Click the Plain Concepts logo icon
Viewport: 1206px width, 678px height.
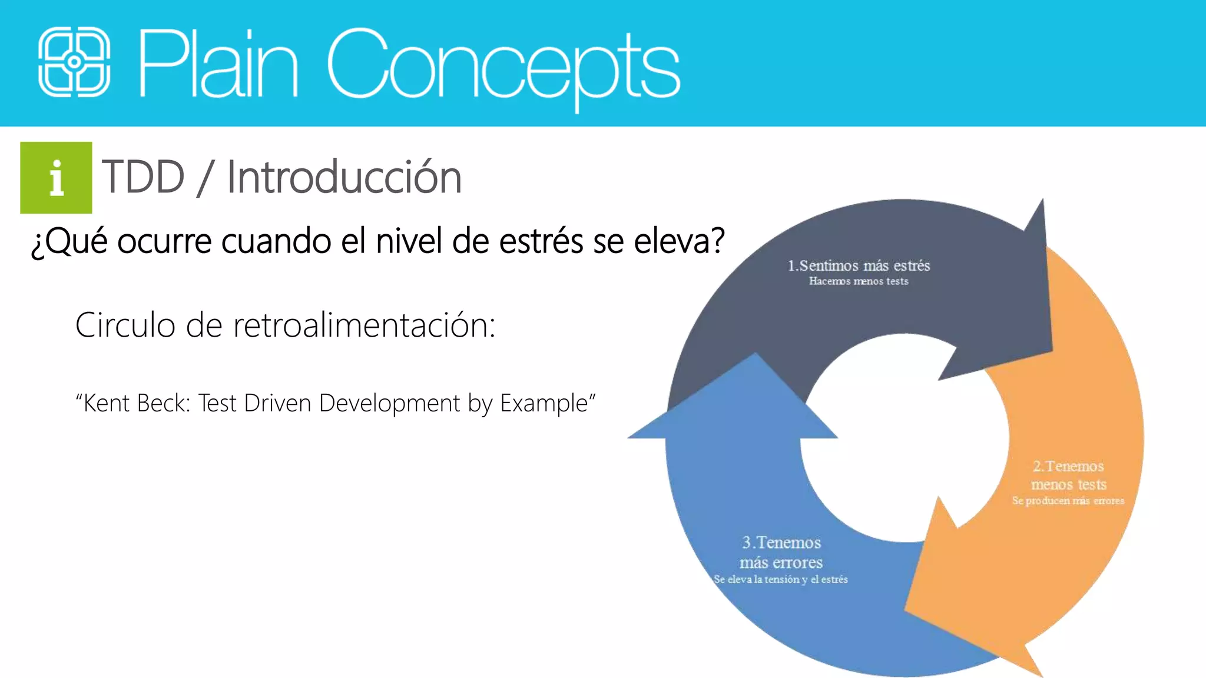pos(74,62)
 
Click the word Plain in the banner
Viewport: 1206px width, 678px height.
pos(218,64)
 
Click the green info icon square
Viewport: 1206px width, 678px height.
pos(56,178)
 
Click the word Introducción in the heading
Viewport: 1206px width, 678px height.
pos(344,177)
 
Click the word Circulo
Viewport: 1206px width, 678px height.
pos(125,325)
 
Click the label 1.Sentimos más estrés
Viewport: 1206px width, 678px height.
pos(859,265)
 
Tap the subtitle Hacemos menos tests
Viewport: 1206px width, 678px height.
pos(859,281)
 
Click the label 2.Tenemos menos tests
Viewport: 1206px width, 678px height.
pos(1068,475)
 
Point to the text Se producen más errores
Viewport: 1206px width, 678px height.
pos(1068,501)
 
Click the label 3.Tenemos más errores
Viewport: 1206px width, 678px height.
pos(781,552)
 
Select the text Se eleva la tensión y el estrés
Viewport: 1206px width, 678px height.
pos(780,580)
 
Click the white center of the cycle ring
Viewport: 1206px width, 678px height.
pos(904,438)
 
